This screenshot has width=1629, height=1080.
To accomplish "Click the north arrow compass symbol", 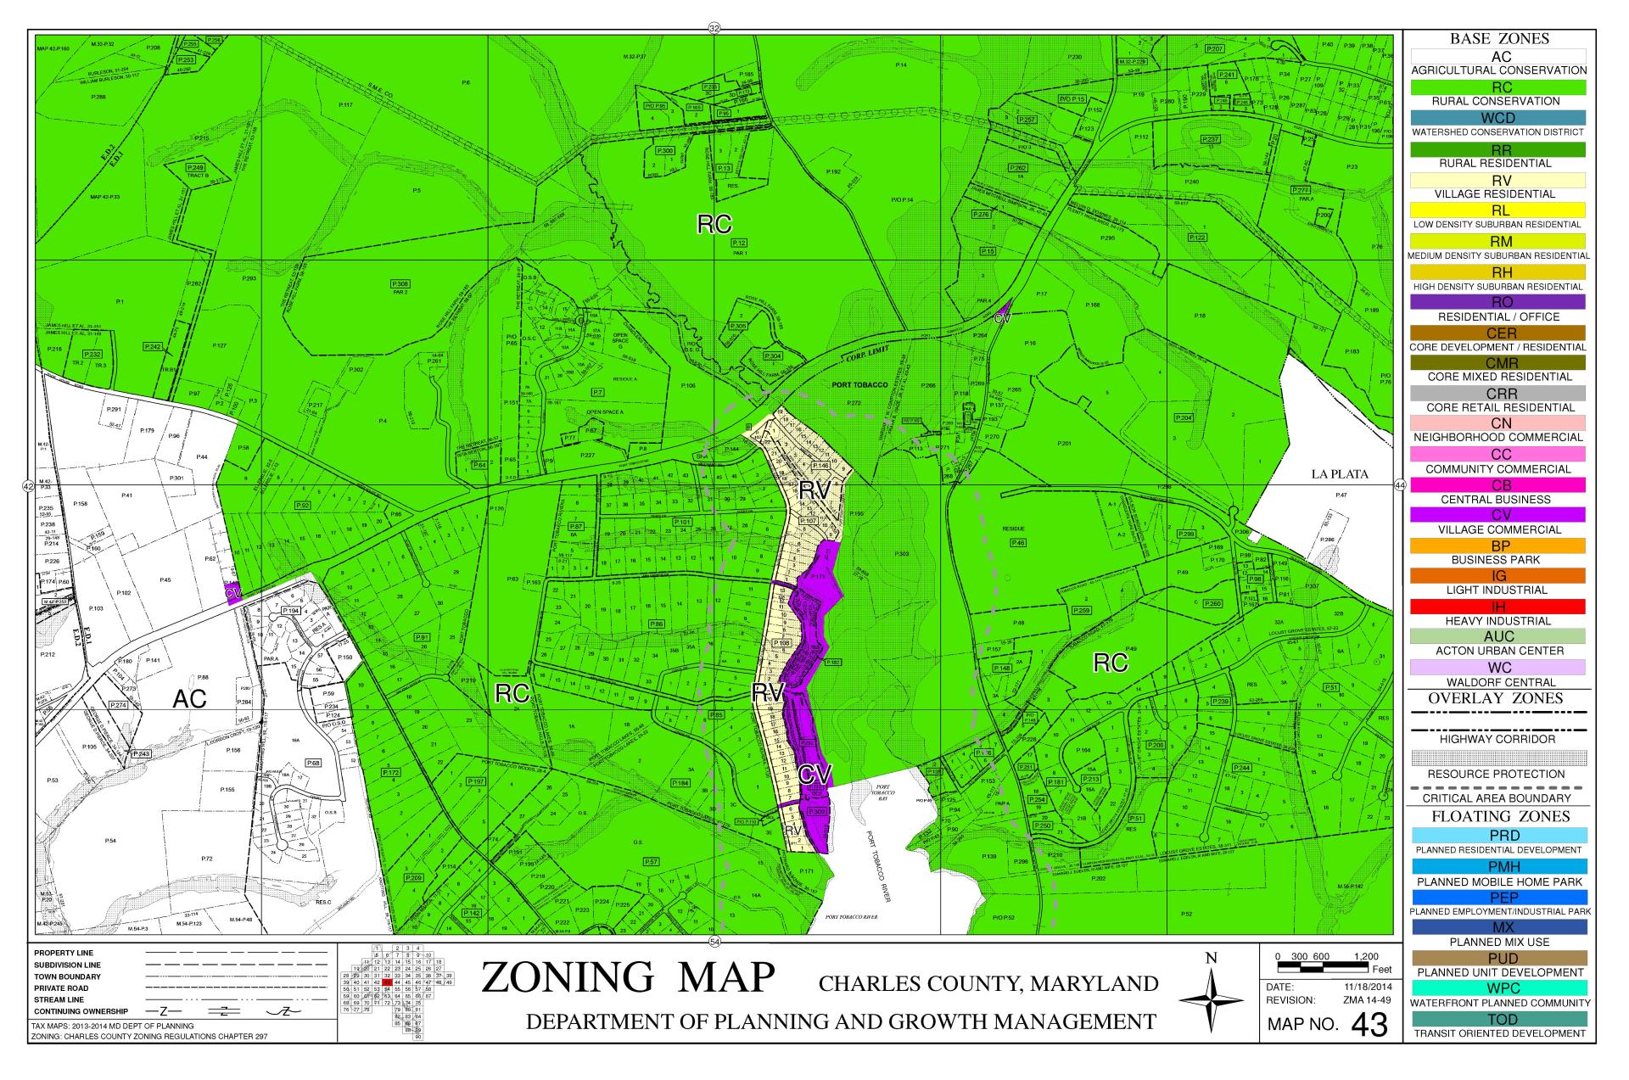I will coord(1211,1000).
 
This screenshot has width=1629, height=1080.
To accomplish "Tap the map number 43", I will coord(1369,1025).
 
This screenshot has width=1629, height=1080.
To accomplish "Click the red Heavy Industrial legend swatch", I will coord(1499,607).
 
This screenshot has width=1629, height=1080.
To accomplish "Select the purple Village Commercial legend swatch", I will coord(1499,515).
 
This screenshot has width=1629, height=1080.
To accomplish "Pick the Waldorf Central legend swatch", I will coord(1499,668).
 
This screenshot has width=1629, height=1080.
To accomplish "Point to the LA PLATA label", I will coord(1340,474).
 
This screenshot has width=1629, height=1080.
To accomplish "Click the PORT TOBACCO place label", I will coord(859,385).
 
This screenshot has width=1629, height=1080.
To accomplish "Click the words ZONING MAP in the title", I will coord(628,977).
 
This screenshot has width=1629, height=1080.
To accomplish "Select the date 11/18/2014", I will coord(1368,987).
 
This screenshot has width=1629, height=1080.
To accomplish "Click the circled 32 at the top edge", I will coord(714,29).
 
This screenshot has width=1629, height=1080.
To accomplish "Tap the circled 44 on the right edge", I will coord(1399,485).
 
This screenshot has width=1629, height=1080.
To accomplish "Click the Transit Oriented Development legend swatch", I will coord(1499,1019).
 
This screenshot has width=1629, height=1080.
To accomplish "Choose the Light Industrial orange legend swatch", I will coord(1499,576).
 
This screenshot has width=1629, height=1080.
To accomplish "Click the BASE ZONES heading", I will coord(1499,39).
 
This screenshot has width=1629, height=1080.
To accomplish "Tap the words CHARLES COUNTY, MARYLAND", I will coord(988,984).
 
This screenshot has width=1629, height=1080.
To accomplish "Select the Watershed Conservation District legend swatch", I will coord(1499,117).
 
